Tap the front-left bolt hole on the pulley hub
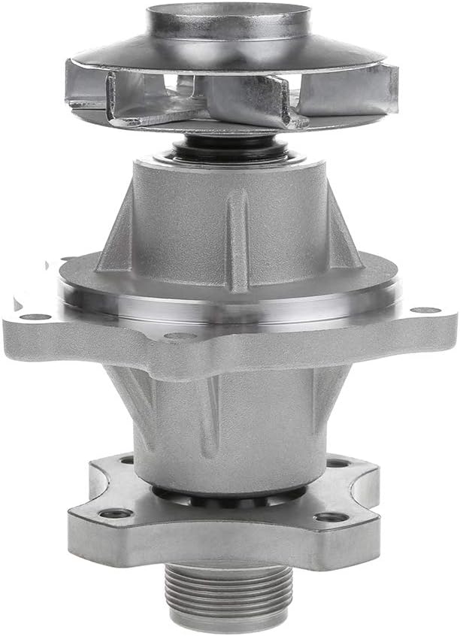117,513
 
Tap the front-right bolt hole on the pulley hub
331,517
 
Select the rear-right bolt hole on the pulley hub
337,463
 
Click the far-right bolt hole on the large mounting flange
426,310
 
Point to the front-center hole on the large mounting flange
180,336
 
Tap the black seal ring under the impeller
225,148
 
